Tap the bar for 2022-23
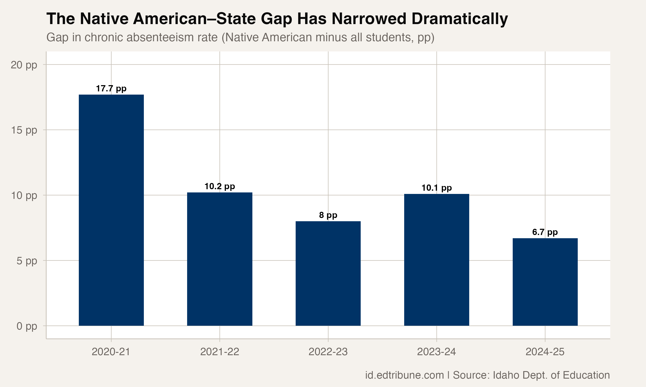[328, 273]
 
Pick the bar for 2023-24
[436, 260]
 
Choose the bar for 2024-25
[545, 282]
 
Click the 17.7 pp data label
[111, 89]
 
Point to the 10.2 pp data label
[220, 186]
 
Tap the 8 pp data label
[328, 215]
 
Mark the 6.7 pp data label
[545, 232]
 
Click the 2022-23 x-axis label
[328, 352]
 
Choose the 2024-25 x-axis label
[545, 352]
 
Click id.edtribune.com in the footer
[404, 375]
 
